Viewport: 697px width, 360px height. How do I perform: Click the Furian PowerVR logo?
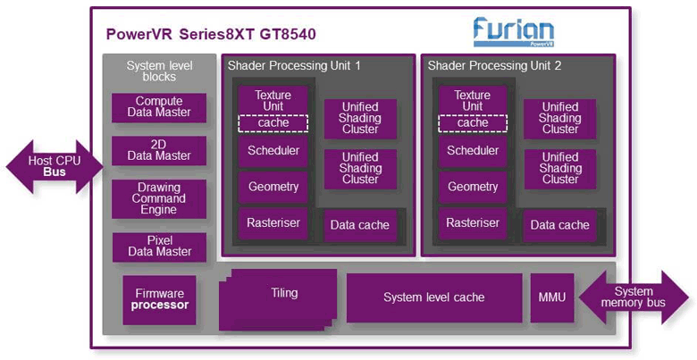click(513, 32)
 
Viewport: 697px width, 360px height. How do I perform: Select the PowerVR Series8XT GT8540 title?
click(211, 35)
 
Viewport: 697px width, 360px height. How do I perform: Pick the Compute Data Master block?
click(159, 107)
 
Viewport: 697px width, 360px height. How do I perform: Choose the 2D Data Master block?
click(159, 150)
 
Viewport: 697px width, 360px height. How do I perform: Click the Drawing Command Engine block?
click(159, 198)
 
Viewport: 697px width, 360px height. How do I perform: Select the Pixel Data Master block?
click(159, 247)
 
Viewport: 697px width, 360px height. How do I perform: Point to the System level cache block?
click(433, 297)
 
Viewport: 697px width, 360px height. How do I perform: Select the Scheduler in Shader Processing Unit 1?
click(273, 151)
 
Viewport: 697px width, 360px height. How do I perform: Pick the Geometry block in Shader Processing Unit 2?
click(473, 188)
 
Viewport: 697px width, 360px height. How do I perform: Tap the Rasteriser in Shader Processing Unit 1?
click(273, 223)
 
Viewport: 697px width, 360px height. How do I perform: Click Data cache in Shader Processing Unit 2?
click(560, 225)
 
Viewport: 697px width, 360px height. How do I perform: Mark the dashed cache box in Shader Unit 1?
click(273, 122)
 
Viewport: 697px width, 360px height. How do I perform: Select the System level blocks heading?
click(159, 71)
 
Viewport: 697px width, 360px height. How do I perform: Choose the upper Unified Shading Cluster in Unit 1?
click(360, 118)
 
